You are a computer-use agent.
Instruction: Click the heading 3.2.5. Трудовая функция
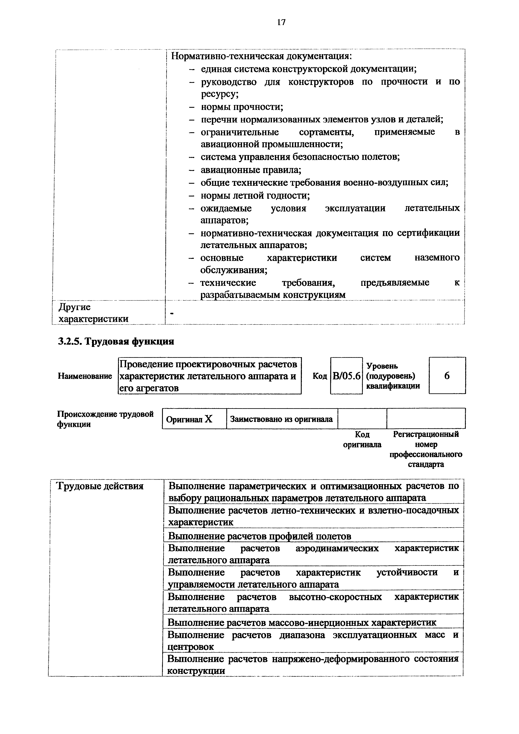pyautogui.click(x=116, y=342)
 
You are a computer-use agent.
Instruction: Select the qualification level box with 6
pyautogui.click(x=447, y=376)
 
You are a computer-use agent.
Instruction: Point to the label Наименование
pyautogui.click(x=85, y=376)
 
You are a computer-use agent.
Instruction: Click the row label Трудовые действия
pyautogui.click(x=100, y=486)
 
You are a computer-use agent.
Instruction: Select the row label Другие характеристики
pyautogui.click(x=93, y=313)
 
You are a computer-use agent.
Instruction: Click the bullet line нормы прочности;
pyautogui.click(x=242, y=107)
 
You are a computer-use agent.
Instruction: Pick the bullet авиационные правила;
pyautogui.click(x=251, y=170)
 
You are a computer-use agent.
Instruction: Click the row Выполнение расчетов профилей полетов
pyautogui.click(x=260, y=536)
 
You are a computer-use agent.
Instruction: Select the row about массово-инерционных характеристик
pyautogui.click(x=301, y=623)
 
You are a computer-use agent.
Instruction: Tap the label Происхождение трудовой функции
pyautogui.click(x=105, y=419)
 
